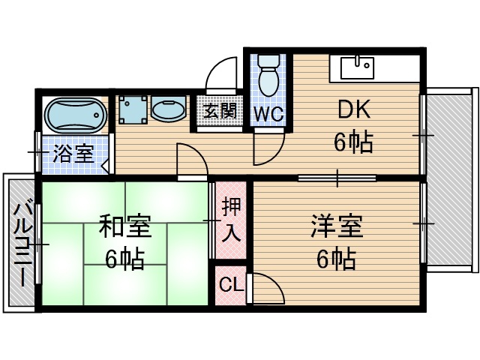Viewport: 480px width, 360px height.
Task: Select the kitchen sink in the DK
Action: pos(358,67)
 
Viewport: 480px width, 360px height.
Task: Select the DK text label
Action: pos(353,111)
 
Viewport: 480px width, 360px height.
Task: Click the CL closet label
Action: pos(230,286)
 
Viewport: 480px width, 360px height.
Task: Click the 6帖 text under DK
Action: pos(353,142)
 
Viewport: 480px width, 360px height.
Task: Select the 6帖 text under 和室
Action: pos(125,259)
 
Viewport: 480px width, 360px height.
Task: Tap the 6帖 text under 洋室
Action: pos(336,259)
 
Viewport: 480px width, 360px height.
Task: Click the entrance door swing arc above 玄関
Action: pos(222,76)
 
